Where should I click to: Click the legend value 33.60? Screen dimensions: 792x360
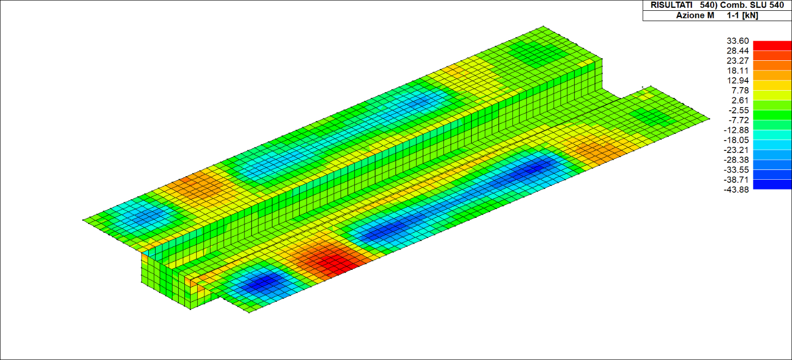point(737,41)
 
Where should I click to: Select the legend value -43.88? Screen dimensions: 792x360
point(736,190)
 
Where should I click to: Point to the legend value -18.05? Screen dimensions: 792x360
point(736,140)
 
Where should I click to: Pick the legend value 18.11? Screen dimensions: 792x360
point(737,71)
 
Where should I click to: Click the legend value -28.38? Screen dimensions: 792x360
point(736,160)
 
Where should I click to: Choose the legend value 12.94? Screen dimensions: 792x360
point(737,80)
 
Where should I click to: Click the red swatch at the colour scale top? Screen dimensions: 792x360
point(772,45)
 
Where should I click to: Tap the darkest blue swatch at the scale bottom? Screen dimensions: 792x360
point(772,184)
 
